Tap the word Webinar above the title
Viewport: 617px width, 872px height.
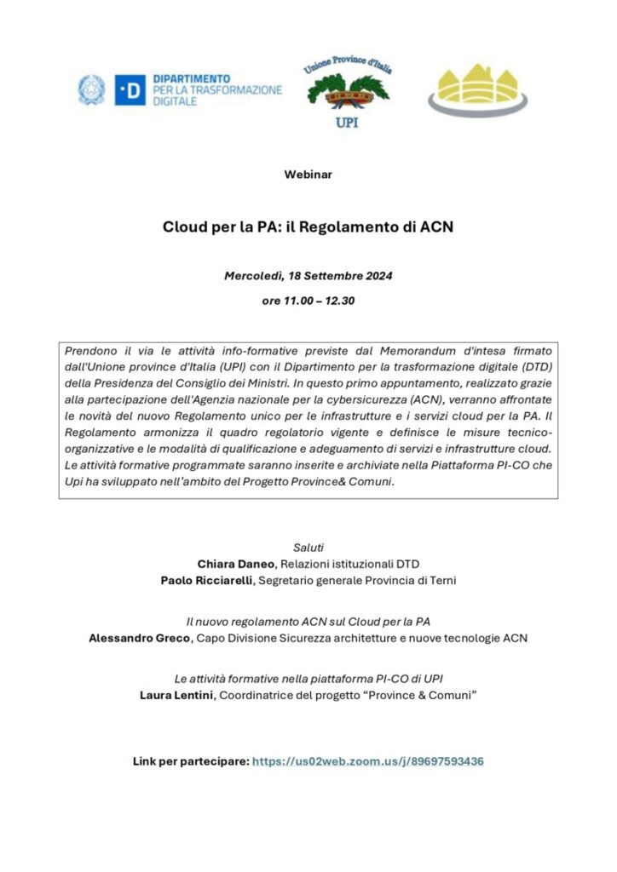[x=308, y=175]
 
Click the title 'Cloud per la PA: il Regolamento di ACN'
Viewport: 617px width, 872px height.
[x=308, y=228]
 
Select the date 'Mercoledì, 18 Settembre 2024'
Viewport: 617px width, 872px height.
[x=308, y=277]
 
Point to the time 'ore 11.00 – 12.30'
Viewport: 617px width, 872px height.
[x=308, y=301]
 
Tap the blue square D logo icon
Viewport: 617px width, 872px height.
[x=130, y=89]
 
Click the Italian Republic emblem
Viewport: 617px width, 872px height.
[x=91, y=89]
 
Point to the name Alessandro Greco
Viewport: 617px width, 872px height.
[x=141, y=638]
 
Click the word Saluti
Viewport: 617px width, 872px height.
[x=308, y=546]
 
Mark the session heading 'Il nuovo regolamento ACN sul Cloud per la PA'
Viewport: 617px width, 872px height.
[x=308, y=621]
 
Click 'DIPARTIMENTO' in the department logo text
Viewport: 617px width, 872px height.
[x=192, y=77]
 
